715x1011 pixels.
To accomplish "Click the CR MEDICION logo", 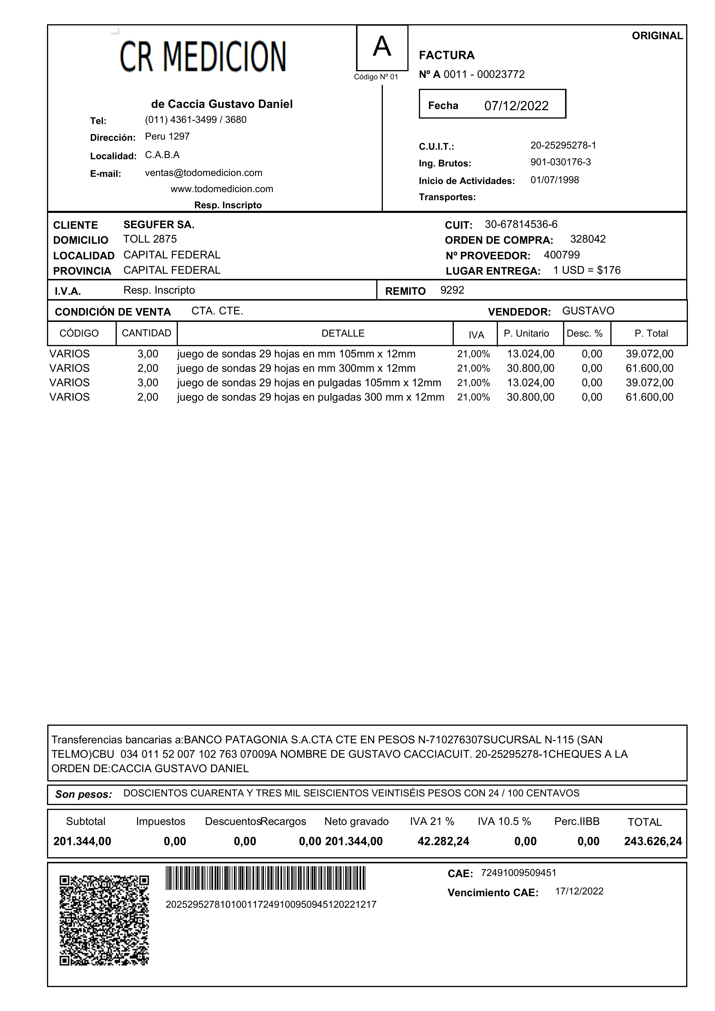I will (203, 56).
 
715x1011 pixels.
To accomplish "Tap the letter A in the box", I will (382, 47).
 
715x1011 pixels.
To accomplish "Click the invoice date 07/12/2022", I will (516, 106).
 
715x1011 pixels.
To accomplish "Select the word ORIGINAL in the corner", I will (657, 36).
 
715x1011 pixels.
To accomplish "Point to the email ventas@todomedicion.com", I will (204, 173).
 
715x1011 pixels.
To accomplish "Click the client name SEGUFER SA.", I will (159, 225).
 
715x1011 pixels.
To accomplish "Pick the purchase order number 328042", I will (588, 239).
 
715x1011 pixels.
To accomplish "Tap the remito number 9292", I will (452, 290).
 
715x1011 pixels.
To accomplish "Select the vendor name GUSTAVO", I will (588, 311).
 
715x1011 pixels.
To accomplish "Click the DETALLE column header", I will (343, 333).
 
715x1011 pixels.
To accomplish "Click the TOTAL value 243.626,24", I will (652, 841).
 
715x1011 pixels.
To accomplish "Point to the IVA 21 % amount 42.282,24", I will (443, 841).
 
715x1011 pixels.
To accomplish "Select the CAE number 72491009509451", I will (519, 873).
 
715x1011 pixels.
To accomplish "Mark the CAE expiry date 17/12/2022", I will (579, 891).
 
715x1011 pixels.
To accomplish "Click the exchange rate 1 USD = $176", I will (587, 270).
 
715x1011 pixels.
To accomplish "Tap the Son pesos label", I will (84, 794).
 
